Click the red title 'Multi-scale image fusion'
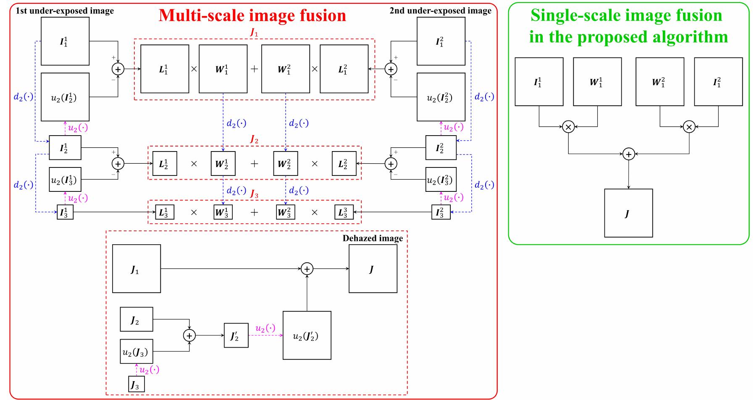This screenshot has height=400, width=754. click(x=252, y=15)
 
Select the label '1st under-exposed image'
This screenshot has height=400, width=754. click(x=65, y=11)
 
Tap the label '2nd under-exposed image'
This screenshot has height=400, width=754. click(x=440, y=11)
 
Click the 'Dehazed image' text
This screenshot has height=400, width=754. click(x=373, y=238)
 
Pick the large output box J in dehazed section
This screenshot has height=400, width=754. click(x=373, y=269)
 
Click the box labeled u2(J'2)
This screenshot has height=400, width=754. click(x=307, y=335)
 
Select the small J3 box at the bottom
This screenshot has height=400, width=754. click(x=136, y=384)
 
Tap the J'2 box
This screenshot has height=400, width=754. click(x=236, y=335)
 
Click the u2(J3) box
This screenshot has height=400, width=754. click(x=136, y=351)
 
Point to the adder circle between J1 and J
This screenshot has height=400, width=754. click(x=307, y=269)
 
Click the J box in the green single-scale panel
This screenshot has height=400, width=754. click(x=628, y=213)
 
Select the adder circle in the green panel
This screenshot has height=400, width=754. click(x=628, y=154)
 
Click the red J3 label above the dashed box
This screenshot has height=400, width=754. click(x=254, y=194)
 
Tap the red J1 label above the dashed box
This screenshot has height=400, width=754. click(x=254, y=33)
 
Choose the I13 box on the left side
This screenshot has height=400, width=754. click(x=65, y=212)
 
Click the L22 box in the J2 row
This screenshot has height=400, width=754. click(x=344, y=163)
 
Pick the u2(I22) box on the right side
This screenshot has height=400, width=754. click(x=441, y=97)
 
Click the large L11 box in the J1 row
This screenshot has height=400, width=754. click(x=165, y=69)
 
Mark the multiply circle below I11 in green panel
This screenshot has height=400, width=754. click(x=568, y=126)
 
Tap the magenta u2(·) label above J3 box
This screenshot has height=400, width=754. click(x=149, y=370)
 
